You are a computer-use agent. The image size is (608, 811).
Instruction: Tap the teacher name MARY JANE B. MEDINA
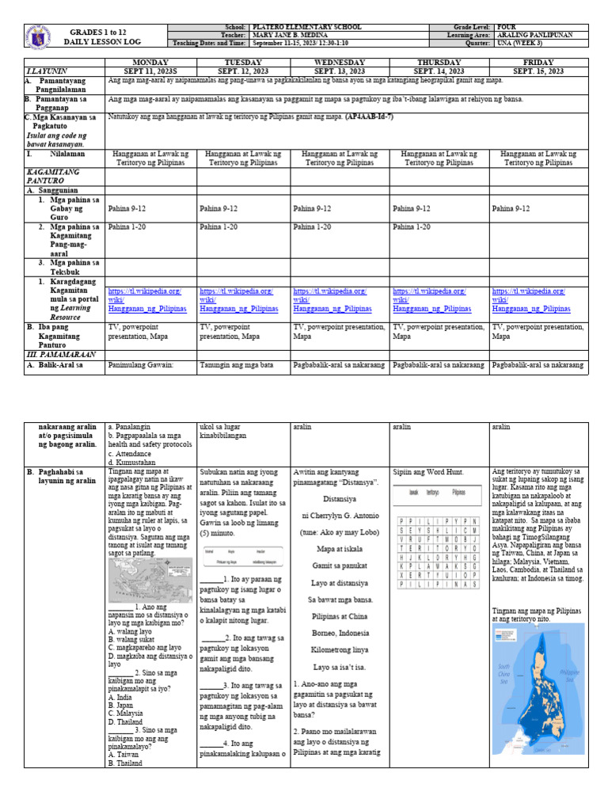(287, 36)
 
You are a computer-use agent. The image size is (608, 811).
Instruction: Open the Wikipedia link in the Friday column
(531, 300)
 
